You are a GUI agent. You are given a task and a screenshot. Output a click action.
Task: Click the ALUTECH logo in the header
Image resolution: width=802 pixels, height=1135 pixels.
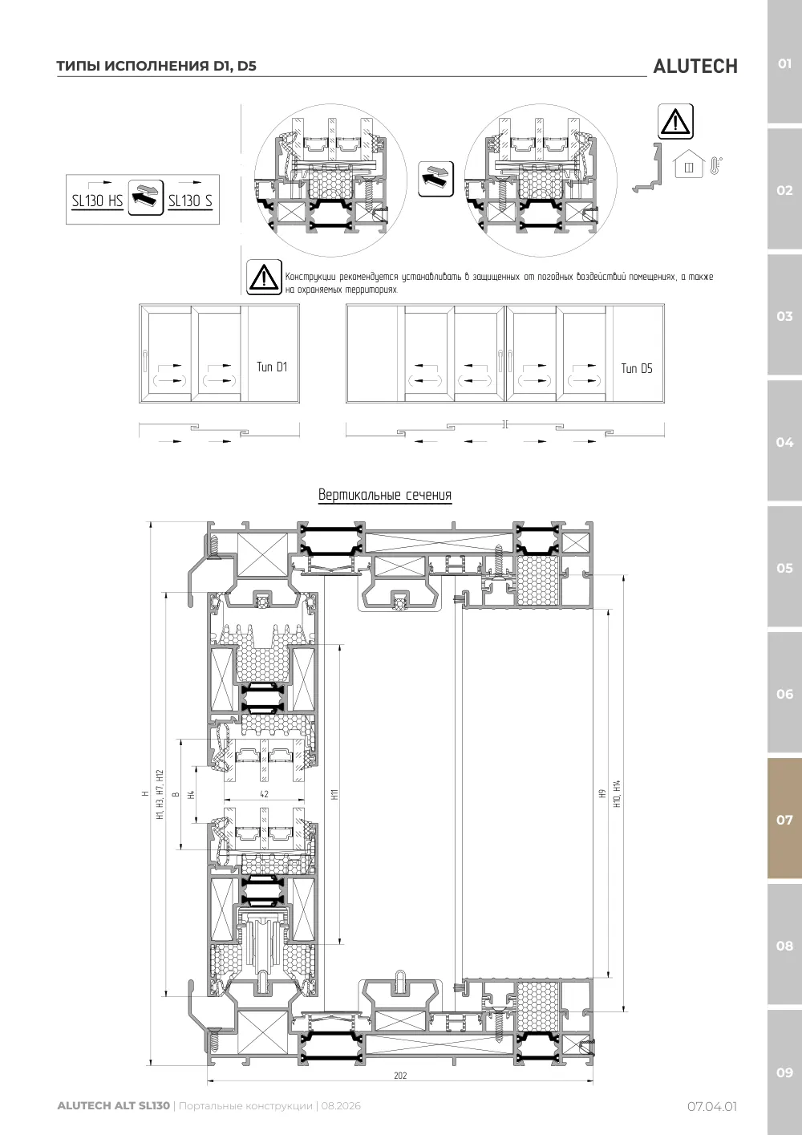pos(695,67)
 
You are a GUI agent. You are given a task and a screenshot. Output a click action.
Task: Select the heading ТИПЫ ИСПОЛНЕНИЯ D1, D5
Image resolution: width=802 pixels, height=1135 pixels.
pos(156,66)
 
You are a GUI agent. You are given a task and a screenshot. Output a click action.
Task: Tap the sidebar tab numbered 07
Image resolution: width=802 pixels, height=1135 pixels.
pos(784,819)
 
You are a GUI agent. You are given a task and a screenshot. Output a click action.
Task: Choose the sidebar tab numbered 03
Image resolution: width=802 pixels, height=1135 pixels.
pos(784,316)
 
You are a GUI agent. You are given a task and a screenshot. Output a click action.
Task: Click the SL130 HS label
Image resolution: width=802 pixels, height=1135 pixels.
pos(97,201)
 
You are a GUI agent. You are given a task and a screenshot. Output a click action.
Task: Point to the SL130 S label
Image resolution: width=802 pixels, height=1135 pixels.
pos(190,201)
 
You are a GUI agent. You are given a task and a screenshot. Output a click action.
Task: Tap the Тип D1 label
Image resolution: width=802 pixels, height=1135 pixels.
pos(272,367)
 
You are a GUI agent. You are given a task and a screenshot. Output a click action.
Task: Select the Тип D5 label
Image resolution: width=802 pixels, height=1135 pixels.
pos(637,368)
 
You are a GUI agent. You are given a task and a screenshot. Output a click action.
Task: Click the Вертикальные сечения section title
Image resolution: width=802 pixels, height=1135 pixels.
pos(385,495)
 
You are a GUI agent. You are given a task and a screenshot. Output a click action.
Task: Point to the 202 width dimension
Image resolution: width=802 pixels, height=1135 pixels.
pos(400,1075)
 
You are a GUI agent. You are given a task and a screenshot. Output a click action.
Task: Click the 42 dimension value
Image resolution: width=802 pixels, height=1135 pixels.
pos(264,794)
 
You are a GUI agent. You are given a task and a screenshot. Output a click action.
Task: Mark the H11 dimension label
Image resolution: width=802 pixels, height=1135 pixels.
pos(334,794)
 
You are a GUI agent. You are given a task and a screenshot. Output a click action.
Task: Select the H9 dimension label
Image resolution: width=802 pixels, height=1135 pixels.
pos(602,793)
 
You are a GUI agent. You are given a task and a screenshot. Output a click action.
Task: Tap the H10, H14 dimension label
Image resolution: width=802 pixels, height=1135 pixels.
pos(617,793)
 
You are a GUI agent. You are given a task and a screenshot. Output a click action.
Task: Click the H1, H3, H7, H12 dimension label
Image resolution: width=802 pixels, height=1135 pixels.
pos(160,794)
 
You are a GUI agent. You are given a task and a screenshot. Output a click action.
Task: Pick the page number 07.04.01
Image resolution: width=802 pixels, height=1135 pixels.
pos(712,1106)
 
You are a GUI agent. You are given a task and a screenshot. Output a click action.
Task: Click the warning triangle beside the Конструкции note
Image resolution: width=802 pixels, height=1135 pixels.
pos(264,278)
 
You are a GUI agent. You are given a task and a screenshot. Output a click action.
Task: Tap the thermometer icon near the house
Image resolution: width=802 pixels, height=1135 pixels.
pos(715,166)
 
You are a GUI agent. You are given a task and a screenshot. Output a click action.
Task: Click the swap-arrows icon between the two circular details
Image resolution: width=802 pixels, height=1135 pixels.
pos(435,179)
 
